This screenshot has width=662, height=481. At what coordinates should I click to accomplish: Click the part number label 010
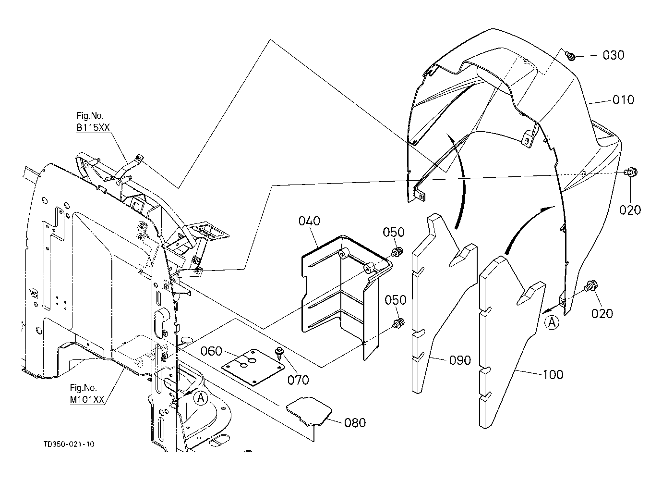pos(623,100)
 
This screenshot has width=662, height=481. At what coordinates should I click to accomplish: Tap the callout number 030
pos(614,55)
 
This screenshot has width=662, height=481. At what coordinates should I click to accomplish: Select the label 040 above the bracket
pos(309,221)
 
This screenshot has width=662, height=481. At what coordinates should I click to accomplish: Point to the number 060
pos(211,351)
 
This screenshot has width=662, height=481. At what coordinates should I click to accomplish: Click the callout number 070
pos(298,380)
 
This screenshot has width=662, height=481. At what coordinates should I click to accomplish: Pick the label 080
pos(355,423)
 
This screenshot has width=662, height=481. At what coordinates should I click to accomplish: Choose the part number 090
pos(460,360)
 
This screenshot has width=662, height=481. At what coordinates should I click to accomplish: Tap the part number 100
pos(553,375)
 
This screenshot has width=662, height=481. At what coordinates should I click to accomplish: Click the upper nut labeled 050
pos(397,252)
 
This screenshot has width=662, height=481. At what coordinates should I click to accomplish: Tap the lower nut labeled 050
pos(398,322)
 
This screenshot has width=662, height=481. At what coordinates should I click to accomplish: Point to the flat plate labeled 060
pos(253,367)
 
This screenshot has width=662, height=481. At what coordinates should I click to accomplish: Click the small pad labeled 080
pos(309,411)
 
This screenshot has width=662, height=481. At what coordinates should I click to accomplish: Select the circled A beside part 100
pos(552,322)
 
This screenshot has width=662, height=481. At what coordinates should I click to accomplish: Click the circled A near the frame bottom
pos(201,398)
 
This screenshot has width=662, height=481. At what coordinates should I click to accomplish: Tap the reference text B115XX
pos(93,127)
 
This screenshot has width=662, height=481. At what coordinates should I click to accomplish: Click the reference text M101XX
pos(87,400)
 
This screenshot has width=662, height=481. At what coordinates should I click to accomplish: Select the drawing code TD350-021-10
pos(69,444)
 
